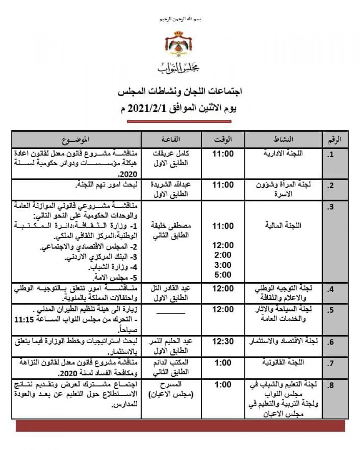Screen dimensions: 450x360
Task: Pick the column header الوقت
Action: coord(223,139)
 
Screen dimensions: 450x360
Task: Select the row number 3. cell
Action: coord(331,207)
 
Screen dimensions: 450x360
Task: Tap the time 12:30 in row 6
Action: coord(223,341)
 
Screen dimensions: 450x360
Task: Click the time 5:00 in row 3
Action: coord(223,275)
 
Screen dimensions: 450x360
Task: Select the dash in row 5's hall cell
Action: coord(171,313)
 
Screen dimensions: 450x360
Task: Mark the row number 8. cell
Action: coord(331,385)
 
